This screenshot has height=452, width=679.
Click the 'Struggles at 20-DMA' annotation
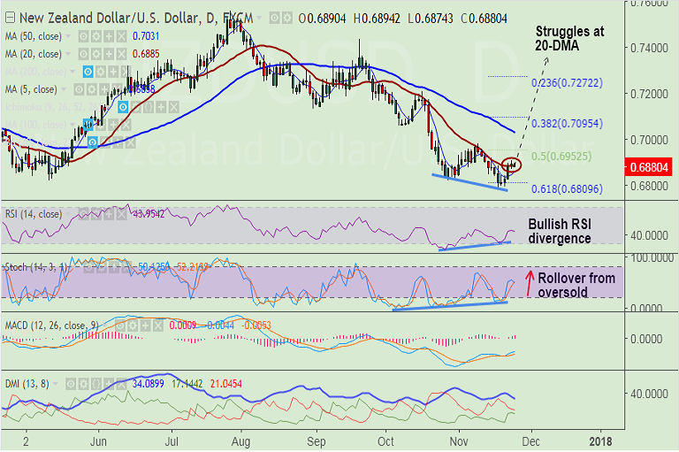[570, 38]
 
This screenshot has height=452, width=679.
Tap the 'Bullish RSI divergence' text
[560, 232]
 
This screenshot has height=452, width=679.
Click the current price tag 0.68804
[649, 165]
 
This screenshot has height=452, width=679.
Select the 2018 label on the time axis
[600, 440]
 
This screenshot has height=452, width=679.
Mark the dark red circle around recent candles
[512, 164]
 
